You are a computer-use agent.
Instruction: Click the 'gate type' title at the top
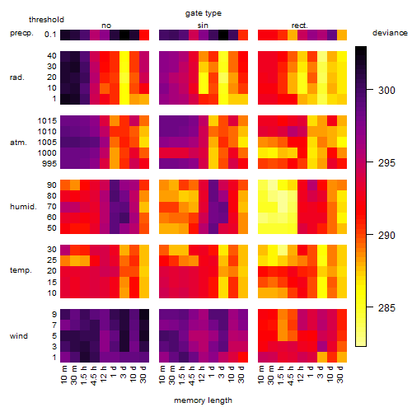(x=204, y=13)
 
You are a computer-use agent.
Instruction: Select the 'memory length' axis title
(x=203, y=400)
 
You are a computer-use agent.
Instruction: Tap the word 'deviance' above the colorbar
(x=390, y=33)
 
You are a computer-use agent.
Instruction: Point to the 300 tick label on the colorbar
(x=386, y=90)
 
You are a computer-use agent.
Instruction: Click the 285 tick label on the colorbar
(x=386, y=308)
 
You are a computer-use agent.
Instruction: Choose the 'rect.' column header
(x=299, y=26)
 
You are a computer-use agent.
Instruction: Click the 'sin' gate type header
(x=203, y=26)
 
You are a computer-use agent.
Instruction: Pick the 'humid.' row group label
(x=23, y=207)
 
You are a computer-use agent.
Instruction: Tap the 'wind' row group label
(x=19, y=336)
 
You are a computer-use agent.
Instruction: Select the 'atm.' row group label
(x=18, y=143)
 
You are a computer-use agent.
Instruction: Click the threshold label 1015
(x=47, y=121)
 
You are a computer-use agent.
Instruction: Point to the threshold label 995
(x=49, y=164)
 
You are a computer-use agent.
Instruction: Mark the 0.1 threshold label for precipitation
(x=50, y=35)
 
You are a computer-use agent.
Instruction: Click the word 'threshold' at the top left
(x=46, y=20)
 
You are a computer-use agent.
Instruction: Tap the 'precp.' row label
(x=21, y=33)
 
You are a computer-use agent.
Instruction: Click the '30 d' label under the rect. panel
(x=340, y=374)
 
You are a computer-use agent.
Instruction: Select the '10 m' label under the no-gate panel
(x=63, y=375)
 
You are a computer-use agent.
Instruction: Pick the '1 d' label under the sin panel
(x=212, y=372)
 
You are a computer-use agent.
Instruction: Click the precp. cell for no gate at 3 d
(x=124, y=35)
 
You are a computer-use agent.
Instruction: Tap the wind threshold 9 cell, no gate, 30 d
(x=144, y=314)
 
